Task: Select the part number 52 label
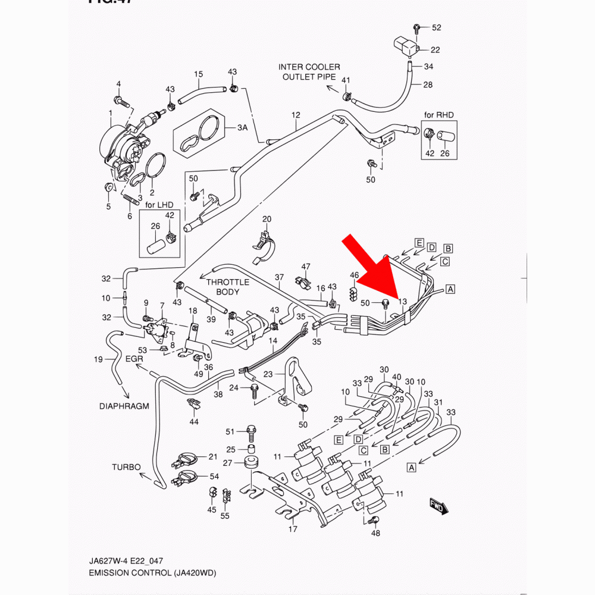(x=437, y=28)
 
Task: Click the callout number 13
(x=402, y=302)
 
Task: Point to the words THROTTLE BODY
(x=228, y=287)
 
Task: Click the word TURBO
(x=126, y=467)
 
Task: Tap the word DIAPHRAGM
(x=124, y=406)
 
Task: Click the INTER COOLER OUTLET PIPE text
(x=309, y=72)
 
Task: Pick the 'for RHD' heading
(x=439, y=115)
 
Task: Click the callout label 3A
(x=242, y=128)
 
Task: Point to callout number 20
(x=267, y=220)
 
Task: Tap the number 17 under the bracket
(x=293, y=529)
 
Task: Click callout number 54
(x=214, y=477)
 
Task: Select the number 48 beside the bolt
(x=375, y=533)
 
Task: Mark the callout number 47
(x=306, y=266)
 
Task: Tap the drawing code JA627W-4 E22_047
(x=127, y=561)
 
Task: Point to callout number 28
(x=428, y=85)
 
